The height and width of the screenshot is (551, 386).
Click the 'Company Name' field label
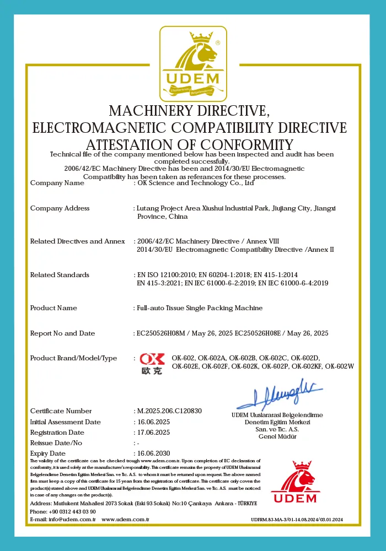coord(57,183)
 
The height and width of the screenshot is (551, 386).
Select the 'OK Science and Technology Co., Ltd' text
coord(195,183)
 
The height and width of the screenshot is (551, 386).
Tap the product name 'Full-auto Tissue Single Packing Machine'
coord(199,308)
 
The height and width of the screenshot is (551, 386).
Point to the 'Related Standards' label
coord(60,275)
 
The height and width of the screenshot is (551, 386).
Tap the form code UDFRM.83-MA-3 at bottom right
coord(297,520)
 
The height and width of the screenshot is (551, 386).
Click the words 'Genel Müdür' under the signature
coord(277,436)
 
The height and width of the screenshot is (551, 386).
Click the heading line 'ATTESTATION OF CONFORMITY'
coord(190,145)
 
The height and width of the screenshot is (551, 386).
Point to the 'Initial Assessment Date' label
coord(66,422)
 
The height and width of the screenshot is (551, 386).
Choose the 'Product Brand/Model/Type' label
coord(73,358)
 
